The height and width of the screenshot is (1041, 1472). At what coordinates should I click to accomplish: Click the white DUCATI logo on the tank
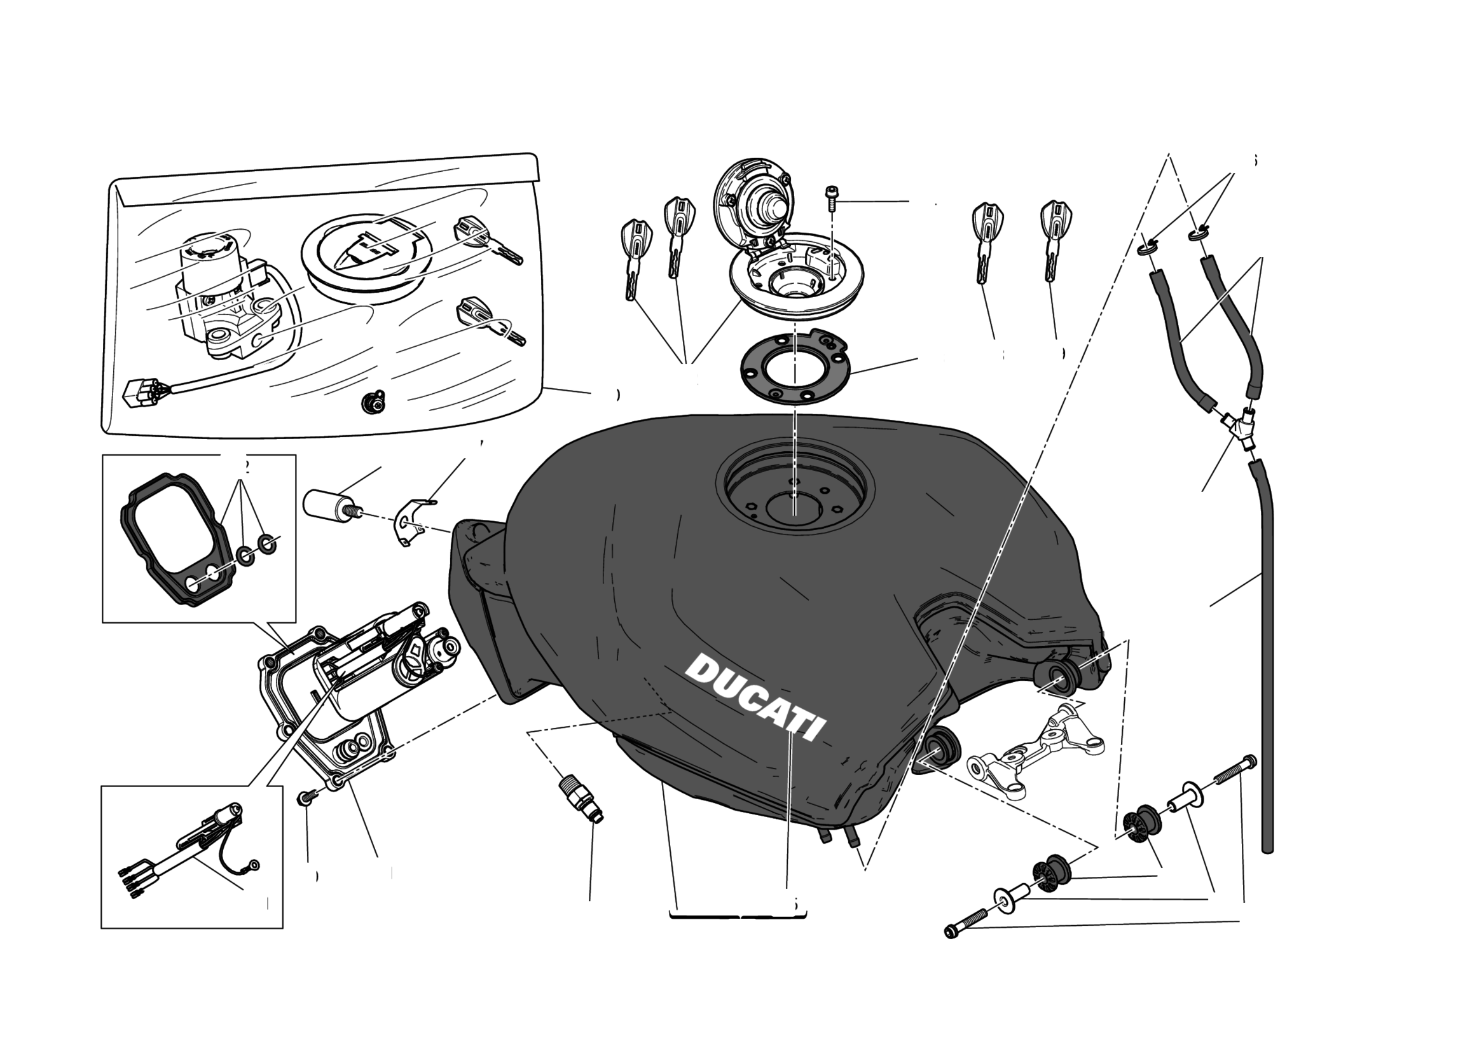[x=755, y=698]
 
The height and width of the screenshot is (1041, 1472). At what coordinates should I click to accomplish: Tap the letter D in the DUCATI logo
[x=703, y=671]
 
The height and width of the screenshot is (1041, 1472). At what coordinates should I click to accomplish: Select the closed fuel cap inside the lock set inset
[x=363, y=256]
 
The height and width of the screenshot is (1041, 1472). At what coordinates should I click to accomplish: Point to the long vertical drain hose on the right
[x=1267, y=673]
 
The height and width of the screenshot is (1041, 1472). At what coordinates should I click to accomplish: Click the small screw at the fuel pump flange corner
[x=304, y=798]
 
